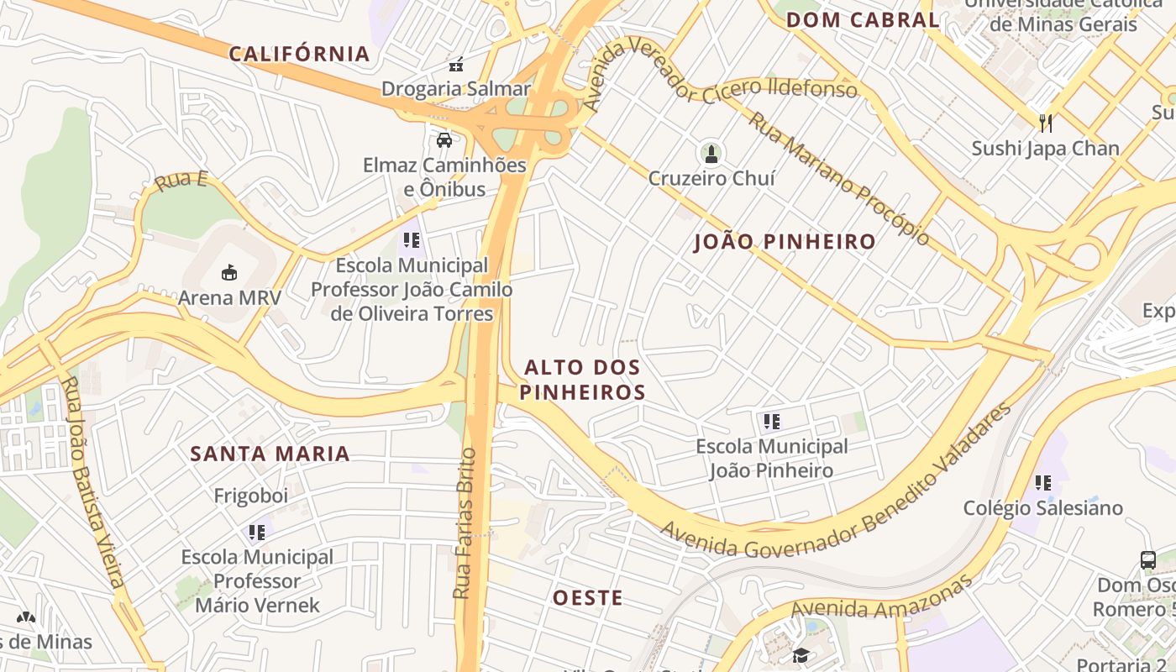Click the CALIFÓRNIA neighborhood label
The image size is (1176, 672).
(x=300, y=55)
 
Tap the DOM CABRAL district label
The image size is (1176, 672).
(x=863, y=20)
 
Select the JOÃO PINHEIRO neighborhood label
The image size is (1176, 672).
(x=785, y=243)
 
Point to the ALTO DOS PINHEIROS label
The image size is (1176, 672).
(x=582, y=380)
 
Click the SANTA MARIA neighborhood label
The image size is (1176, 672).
(x=270, y=454)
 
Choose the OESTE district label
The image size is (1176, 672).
(x=588, y=598)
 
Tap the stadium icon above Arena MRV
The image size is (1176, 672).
(x=229, y=272)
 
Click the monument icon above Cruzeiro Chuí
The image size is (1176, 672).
(x=711, y=154)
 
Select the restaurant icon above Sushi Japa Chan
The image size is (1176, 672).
(x=1046, y=123)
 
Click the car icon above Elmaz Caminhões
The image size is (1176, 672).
(x=444, y=139)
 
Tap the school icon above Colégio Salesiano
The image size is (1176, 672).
(x=1043, y=482)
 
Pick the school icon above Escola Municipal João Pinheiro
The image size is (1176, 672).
(x=772, y=421)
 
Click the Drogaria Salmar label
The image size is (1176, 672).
(x=456, y=88)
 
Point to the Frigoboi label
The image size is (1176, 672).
(x=251, y=496)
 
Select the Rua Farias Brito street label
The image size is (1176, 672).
(x=464, y=523)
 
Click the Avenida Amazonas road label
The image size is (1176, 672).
(x=882, y=599)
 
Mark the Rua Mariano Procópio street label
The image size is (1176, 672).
(x=839, y=179)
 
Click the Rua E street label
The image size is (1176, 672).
(x=181, y=181)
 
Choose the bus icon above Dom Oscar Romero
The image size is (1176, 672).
(x=1147, y=559)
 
